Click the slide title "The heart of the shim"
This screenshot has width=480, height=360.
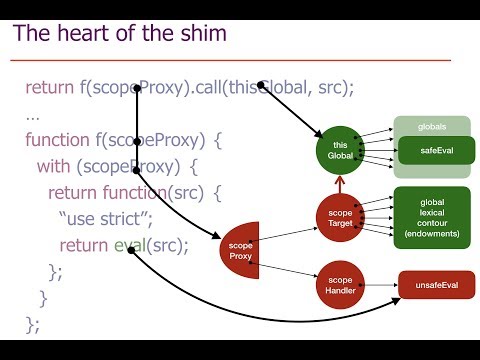point(119,33)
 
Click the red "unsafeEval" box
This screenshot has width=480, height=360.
point(437,286)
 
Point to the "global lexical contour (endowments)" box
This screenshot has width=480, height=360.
point(432,218)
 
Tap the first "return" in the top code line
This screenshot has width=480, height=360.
point(50,87)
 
